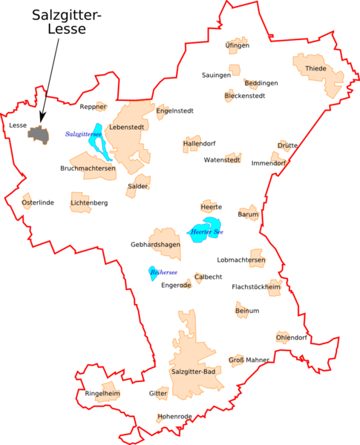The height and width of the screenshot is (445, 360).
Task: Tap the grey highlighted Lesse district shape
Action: click(38, 134)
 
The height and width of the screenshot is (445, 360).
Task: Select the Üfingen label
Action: click(237, 45)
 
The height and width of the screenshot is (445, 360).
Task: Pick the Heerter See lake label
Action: click(207, 232)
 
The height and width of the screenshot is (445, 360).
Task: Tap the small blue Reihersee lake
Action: click(152, 272)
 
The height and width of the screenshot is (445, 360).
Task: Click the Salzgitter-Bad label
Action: click(193, 371)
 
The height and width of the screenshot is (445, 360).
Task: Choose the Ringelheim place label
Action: click(102, 393)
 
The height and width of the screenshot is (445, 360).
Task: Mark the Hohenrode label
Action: click(174, 417)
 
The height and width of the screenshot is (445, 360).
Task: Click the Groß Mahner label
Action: click(249, 360)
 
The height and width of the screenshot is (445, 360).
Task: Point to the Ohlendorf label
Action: click(291, 337)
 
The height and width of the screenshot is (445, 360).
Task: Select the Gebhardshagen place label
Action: click(155, 244)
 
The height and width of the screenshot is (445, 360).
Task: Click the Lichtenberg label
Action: click(89, 202)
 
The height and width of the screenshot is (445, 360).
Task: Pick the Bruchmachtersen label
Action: click(88, 168)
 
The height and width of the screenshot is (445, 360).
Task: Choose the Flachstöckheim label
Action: click(256, 286)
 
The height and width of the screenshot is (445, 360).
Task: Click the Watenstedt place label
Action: click(222, 159)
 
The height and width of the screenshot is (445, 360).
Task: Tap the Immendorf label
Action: click(268, 163)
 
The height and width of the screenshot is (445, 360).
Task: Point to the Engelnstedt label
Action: click(175, 111)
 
